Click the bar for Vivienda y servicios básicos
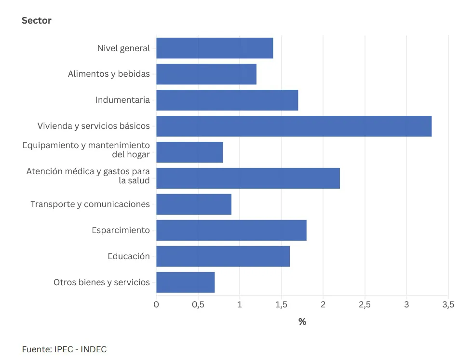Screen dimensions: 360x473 294,126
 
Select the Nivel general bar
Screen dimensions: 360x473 215,48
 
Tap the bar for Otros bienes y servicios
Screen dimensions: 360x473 185,282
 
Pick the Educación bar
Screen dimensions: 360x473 223,256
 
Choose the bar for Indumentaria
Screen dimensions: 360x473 227,100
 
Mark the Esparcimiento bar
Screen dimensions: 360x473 231,230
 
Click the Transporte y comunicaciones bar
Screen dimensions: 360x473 194,204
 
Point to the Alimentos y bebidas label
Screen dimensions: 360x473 108,74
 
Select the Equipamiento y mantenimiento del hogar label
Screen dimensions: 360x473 86,150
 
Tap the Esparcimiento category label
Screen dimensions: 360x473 121,230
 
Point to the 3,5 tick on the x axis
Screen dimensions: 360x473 448,305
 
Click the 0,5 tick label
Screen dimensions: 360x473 198,305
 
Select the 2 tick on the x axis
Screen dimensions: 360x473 323,305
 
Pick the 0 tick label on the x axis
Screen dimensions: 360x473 156,305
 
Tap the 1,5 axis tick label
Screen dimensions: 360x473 281,305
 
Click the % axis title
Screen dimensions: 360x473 302,322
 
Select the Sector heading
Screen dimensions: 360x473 37,20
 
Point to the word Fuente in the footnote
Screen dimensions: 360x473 36,349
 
